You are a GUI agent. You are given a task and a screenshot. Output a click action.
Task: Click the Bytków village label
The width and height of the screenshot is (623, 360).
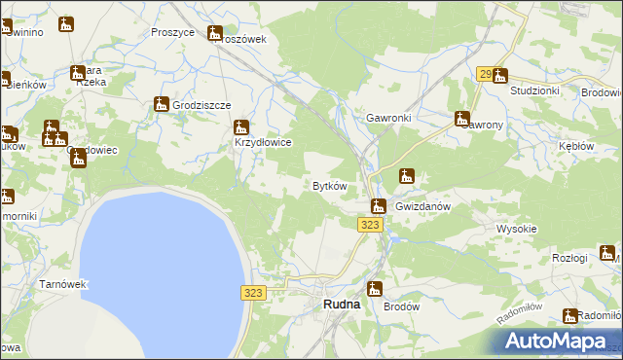329,186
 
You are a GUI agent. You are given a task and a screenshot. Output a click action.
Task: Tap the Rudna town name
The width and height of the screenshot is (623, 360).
341,304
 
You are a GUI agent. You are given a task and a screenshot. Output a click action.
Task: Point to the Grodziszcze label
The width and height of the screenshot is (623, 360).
202,105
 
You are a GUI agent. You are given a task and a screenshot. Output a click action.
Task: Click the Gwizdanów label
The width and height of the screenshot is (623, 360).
426,207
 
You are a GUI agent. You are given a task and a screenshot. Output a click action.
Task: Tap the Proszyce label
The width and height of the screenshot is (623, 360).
173,31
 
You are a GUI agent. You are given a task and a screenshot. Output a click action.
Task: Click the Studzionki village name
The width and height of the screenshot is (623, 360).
534,91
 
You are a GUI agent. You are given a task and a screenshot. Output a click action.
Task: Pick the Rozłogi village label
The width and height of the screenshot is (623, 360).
569,258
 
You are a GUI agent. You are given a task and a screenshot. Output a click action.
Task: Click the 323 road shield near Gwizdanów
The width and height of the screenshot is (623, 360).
368,225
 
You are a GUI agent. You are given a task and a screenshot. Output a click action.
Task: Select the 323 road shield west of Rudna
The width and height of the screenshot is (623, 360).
252,293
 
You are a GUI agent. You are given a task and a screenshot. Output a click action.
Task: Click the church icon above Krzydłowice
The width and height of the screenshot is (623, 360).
240,126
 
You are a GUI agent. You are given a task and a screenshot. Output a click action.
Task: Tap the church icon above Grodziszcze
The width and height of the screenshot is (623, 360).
162,104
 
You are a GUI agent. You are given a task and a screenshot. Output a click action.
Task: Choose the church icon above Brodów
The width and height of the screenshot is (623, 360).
374,288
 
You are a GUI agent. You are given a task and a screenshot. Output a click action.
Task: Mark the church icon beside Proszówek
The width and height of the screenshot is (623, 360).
215,31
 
